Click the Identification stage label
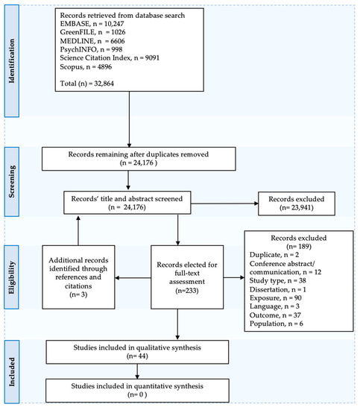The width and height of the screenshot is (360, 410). pyautogui.click(x=12, y=61)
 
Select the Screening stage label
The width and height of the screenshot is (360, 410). pyautogui.click(x=12, y=182)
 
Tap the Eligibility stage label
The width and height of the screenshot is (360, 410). pyautogui.click(x=12, y=277)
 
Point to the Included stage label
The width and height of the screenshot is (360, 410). pyautogui.click(x=12, y=371)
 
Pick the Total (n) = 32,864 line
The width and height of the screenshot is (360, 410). pyautogui.click(x=87, y=83)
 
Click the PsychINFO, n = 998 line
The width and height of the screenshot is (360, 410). pyautogui.click(x=91, y=49)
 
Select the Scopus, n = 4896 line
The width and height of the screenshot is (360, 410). pyautogui.click(x=86, y=66)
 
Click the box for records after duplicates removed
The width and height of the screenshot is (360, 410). pyautogui.click(x=139, y=159)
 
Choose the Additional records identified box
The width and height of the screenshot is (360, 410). pyautogui.click(x=78, y=277)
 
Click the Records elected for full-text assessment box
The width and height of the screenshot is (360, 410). pyautogui.click(x=187, y=277)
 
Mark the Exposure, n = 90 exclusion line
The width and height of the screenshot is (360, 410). pyautogui.click(x=276, y=298)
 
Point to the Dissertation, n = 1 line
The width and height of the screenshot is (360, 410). pyautogui.click(x=278, y=289)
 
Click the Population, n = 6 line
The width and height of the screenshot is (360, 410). pyautogui.click(x=277, y=324)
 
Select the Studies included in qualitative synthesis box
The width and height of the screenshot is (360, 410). pyautogui.click(x=137, y=352)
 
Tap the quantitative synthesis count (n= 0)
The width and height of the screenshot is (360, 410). pyautogui.click(x=137, y=394)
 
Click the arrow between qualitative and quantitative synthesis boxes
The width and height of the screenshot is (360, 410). pyautogui.click(x=137, y=371)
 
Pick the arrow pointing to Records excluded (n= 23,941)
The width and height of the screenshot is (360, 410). pyautogui.click(x=224, y=204)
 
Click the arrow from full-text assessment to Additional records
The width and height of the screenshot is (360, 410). pyautogui.click(x=133, y=278)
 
